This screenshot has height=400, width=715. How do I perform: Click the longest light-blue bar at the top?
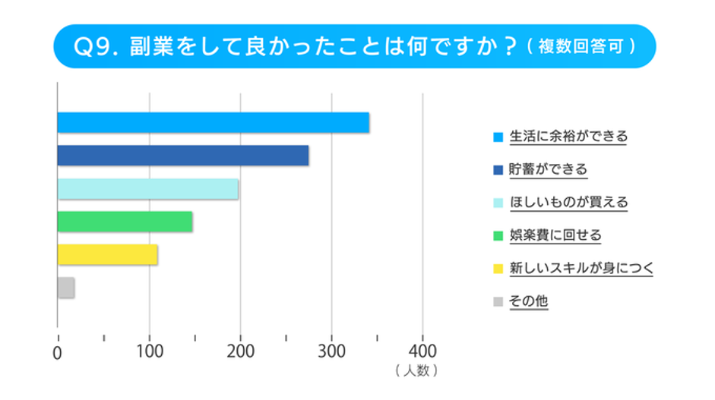coord(213,122)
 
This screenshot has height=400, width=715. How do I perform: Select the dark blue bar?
coord(182,156)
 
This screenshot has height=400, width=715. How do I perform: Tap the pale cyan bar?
coord(147,189)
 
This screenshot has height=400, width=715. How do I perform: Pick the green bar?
coord(125,222)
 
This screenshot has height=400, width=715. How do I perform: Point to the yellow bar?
coord(107,255)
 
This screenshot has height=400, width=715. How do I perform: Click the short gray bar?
coord(66,288)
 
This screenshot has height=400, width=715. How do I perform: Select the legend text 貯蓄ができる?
coord(548,169)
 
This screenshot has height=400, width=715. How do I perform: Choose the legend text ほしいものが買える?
coord(568,202)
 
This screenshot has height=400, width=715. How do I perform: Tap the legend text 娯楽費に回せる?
coord(555,235)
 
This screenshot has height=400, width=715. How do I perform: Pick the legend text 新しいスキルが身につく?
coord(581,268)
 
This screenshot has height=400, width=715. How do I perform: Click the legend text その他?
coord(528,301)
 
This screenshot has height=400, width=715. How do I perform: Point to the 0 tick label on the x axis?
coord(58,353)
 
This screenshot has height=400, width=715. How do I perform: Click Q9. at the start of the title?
coord(96,46)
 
